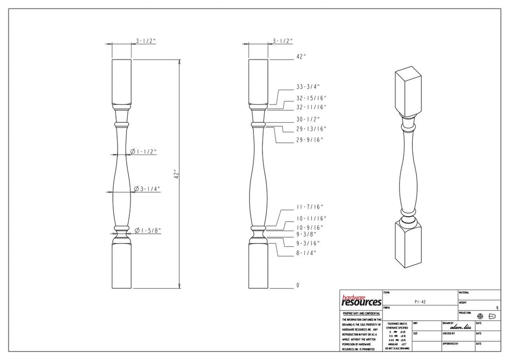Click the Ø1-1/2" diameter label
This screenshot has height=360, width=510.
click(143, 152)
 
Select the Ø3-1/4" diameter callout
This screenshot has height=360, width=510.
click(147, 189)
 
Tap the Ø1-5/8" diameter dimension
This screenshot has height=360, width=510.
click(148, 231)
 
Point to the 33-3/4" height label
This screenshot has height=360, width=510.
click(308, 86)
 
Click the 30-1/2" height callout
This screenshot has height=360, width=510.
click(308, 119)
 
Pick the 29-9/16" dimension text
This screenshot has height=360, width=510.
click(309, 140)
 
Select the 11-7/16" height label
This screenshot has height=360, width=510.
click(310, 207)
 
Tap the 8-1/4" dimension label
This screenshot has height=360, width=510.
click(307, 253)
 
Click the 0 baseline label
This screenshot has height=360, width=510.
click(298, 285)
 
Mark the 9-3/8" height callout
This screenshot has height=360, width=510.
click(307, 234)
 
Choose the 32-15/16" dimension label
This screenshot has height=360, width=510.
click(311, 98)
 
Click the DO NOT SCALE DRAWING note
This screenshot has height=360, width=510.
click(397, 348)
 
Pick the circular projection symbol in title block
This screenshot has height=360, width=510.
click(480, 317)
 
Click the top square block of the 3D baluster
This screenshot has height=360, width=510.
click(409, 91)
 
